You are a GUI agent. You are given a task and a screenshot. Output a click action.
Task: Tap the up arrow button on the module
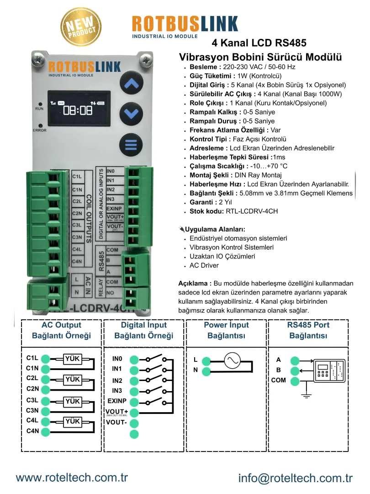[131, 84]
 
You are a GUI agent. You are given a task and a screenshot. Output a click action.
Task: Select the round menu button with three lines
[131, 145]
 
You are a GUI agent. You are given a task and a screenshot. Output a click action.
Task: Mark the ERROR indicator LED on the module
[41, 125]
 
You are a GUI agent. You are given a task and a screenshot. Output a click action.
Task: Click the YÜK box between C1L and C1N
[72, 359]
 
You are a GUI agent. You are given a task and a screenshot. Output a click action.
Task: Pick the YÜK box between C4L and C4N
[72, 421]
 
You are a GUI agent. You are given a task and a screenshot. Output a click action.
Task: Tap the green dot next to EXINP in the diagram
[134, 402]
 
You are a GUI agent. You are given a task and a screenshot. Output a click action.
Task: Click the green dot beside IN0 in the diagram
[134, 360]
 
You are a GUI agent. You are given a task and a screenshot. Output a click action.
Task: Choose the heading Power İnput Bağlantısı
[226, 330]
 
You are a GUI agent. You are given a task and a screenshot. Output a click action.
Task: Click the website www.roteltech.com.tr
[72, 478]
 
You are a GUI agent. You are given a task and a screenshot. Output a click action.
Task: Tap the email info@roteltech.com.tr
[296, 478]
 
